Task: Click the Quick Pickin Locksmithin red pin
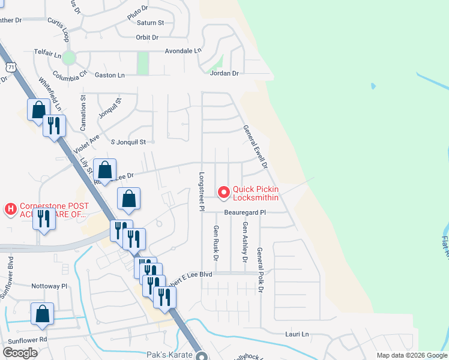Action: [x=224, y=192]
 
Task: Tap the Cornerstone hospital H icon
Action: [x=10, y=209]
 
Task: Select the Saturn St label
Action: [x=151, y=23]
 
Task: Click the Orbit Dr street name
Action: [x=146, y=37]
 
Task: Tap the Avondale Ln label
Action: [x=183, y=51]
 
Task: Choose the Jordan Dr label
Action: [x=224, y=73]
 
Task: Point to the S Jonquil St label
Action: [x=129, y=142]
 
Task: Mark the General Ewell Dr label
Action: [x=255, y=146]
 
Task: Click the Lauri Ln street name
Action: [x=296, y=334]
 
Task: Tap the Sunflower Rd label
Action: [x=27, y=340]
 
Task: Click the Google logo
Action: [x=20, y=353]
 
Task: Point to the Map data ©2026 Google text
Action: [x=411, y=355]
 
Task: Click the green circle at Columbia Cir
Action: [x=69, y=58]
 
